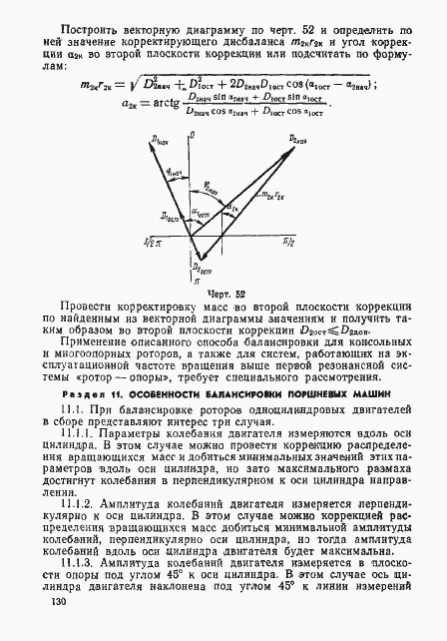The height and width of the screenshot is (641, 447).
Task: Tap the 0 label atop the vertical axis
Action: (206, 131)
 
